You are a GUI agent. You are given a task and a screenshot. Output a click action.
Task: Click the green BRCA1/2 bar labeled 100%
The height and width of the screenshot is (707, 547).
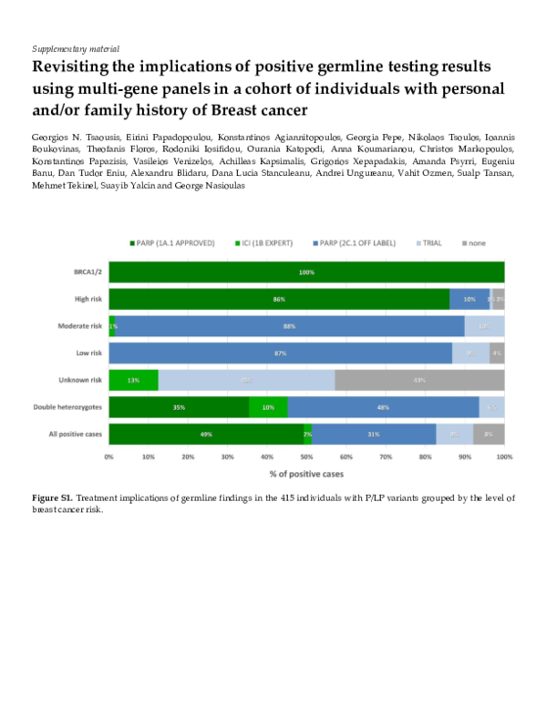point(306,272)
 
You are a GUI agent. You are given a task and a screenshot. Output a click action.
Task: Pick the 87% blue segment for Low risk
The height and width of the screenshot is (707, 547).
point(281,353)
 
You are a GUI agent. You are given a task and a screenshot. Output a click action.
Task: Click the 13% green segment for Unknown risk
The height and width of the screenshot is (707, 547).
point(134,380)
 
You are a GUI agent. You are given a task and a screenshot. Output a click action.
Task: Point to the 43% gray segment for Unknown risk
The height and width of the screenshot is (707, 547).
point(419,380)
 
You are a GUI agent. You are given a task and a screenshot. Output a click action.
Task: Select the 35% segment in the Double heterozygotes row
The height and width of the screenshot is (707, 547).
point(179,407)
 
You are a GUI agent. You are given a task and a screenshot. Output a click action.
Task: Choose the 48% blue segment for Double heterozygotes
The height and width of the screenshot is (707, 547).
point(383,407)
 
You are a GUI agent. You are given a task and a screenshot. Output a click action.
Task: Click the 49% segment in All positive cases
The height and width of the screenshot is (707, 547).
point(206,435)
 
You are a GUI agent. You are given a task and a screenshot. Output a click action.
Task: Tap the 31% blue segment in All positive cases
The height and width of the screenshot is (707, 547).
point(374,435)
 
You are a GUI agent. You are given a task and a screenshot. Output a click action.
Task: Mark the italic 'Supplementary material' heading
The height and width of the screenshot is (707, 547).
point(76,47)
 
